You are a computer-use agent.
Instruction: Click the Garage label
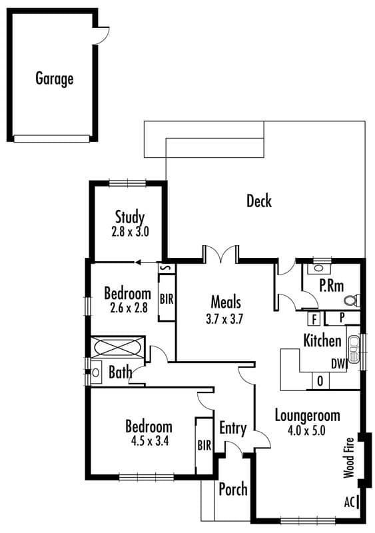(55, 79)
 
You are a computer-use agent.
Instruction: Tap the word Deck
(259, 201)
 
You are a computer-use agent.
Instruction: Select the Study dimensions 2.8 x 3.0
(130, 232)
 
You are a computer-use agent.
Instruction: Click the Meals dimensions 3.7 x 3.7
(224, 319)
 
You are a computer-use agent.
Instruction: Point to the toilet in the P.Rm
(352, 300)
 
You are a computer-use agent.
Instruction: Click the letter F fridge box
(314, 319)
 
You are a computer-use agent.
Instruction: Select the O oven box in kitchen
(320, 381)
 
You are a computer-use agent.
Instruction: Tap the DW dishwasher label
(338, 364)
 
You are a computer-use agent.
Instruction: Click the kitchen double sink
(354, 349)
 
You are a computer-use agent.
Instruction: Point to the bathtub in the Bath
(118, 347)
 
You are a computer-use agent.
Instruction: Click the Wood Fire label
(349, 458)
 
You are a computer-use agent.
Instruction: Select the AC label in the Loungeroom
(350, 502)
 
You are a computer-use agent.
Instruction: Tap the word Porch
(233, 490)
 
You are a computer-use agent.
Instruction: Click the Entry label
(233, 428)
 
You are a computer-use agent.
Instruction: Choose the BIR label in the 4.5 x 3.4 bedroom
(204, 445)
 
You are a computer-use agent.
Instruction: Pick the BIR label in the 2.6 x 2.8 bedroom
(167, 299)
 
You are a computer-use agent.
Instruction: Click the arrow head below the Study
(138, 263)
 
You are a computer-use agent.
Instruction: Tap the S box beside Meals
(167, 268)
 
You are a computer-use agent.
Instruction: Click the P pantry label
(342, 318)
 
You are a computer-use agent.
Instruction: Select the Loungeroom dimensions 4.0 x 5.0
(306, 430)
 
